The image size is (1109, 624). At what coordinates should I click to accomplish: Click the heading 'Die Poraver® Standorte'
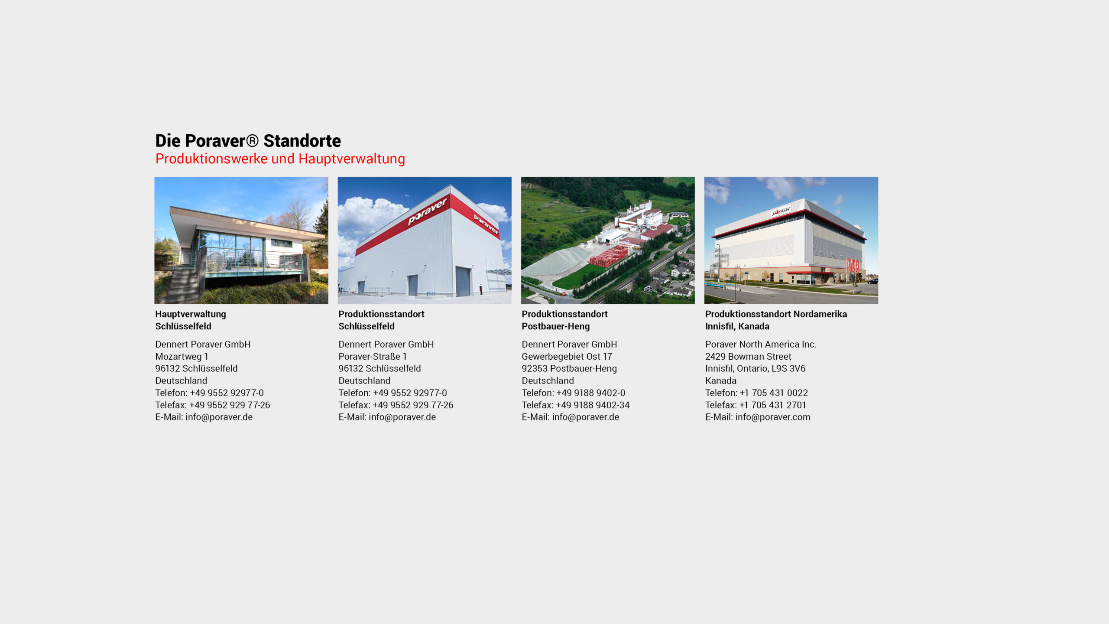coord(248,141)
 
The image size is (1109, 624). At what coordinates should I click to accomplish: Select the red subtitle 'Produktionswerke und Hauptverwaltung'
coord(280,159)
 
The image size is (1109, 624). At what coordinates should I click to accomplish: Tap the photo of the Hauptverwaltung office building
coord(241,240)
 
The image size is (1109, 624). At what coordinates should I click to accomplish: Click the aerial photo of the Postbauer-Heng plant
coord(608,240)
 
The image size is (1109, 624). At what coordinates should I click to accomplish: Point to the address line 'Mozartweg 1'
coord(182,356)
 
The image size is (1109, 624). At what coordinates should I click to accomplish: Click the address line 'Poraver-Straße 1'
coord(373,356)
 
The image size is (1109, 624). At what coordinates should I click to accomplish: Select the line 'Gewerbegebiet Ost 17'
coord(567,356)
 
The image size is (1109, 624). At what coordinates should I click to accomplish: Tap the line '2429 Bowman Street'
coord(748,356)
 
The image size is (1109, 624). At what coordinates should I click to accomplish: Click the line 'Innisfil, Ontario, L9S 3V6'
coord(756,368)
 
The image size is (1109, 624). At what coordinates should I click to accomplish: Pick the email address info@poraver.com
coord(773,417)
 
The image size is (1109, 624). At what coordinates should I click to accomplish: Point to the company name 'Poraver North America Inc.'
coord(761,344)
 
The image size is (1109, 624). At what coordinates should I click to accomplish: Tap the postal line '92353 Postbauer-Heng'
coord(569,368)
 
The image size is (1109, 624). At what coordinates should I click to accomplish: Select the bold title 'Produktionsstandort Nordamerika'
coord(776,314)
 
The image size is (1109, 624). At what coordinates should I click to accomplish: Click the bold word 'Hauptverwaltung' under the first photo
coord(191,314)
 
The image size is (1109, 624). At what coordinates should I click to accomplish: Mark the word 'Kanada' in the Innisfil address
coord(721,380)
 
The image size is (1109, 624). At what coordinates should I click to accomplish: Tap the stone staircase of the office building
coord(182,284)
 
